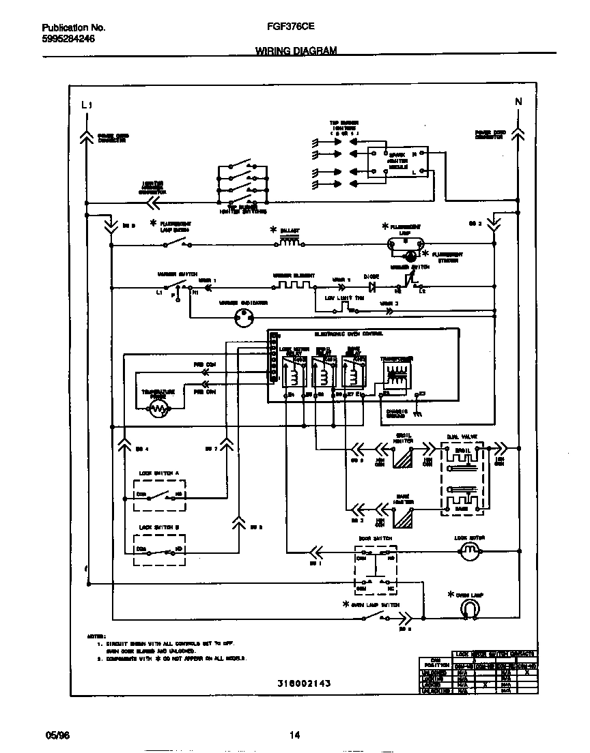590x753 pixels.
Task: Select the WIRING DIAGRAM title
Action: point(296,51)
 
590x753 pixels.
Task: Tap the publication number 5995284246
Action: point(68,39)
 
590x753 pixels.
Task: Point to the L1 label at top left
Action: point(85,105)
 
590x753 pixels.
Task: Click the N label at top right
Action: point(518,102)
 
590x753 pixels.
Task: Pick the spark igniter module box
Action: point(397,162)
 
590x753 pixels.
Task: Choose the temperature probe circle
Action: point(158,409)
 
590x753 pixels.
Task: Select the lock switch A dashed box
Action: point(160,494)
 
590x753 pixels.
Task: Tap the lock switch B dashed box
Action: point(160,550)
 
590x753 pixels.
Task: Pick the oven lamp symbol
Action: point(468,609)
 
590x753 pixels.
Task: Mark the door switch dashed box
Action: point(375,572)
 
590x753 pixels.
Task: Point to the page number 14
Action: point(294,735)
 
